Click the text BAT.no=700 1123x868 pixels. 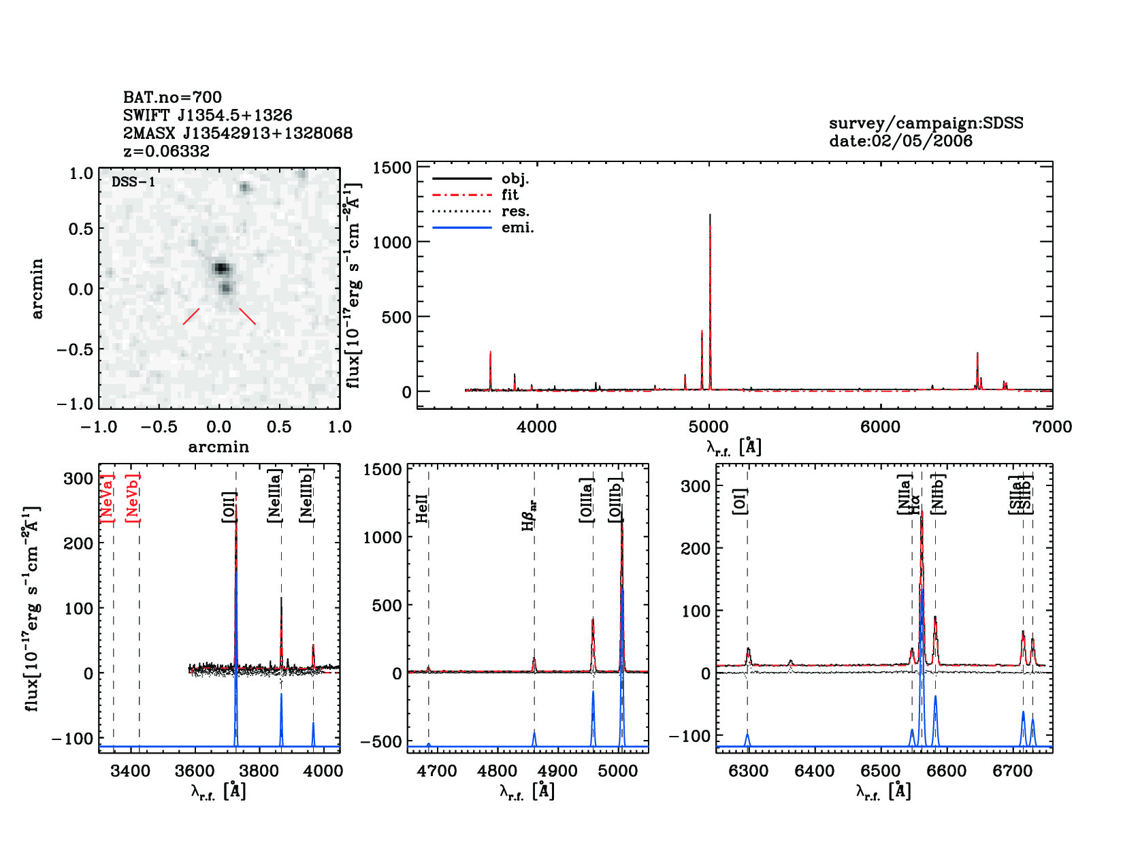click(x=172, y=97)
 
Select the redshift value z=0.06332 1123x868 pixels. click(x=166, y=151)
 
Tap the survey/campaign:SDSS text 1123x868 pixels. click(x=926, y=123)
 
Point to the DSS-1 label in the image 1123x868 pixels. click(x=133, y=182)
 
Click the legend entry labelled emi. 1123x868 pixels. click(x=517, y=227)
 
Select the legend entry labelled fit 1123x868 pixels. click(x=510, y=195)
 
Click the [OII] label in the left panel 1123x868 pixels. click(x=229, y=507)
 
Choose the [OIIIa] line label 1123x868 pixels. click(x=586, y=500)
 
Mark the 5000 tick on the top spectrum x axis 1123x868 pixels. click(x=709, y=428)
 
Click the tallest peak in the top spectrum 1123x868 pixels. click(x=710, y=215)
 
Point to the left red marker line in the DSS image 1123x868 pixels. click(x=191, y=317)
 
